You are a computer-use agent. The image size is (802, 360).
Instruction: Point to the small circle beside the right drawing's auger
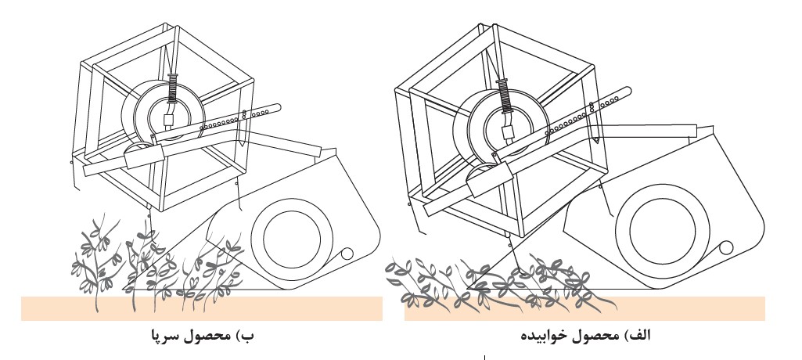pyautogui.click(x=725, y=247)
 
